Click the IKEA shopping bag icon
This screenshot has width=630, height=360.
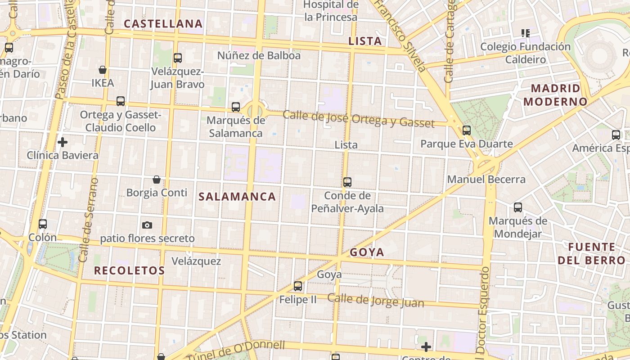[103, 70]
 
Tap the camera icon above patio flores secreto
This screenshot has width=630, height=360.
[147, 225]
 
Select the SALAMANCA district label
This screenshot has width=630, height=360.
[237, 197]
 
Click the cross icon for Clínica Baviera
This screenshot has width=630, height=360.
[63, 142]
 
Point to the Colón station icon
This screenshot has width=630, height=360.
[43, 224]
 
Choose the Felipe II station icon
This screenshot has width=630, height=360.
[298, 286]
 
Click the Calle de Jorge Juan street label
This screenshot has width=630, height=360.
[375, 301]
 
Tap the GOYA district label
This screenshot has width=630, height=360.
[367, 252]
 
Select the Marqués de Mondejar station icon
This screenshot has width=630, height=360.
[518, 207]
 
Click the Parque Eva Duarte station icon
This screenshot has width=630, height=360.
[467, 130]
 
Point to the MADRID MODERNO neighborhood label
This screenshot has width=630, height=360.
[555, 95]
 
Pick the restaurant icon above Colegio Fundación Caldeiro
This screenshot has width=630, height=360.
[525, 33]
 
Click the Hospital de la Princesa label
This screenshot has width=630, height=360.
[331, 11]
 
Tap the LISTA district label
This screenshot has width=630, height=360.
[365, 41]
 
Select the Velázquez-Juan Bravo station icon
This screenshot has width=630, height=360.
[178, 58]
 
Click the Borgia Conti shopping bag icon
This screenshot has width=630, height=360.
[157, 180]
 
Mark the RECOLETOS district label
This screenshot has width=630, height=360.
[129, 270]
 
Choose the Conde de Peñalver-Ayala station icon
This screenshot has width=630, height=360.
[347, 182]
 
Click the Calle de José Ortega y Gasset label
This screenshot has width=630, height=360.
[359, 118]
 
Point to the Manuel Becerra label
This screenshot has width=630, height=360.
[486, 179]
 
